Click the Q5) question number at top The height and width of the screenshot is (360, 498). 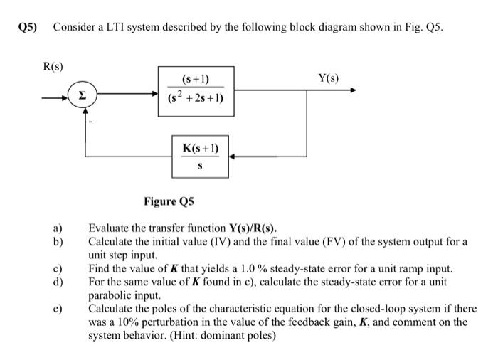pos(28,27)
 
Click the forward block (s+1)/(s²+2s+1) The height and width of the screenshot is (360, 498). pos(196,91)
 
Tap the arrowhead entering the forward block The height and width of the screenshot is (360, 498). pos(160,91)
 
